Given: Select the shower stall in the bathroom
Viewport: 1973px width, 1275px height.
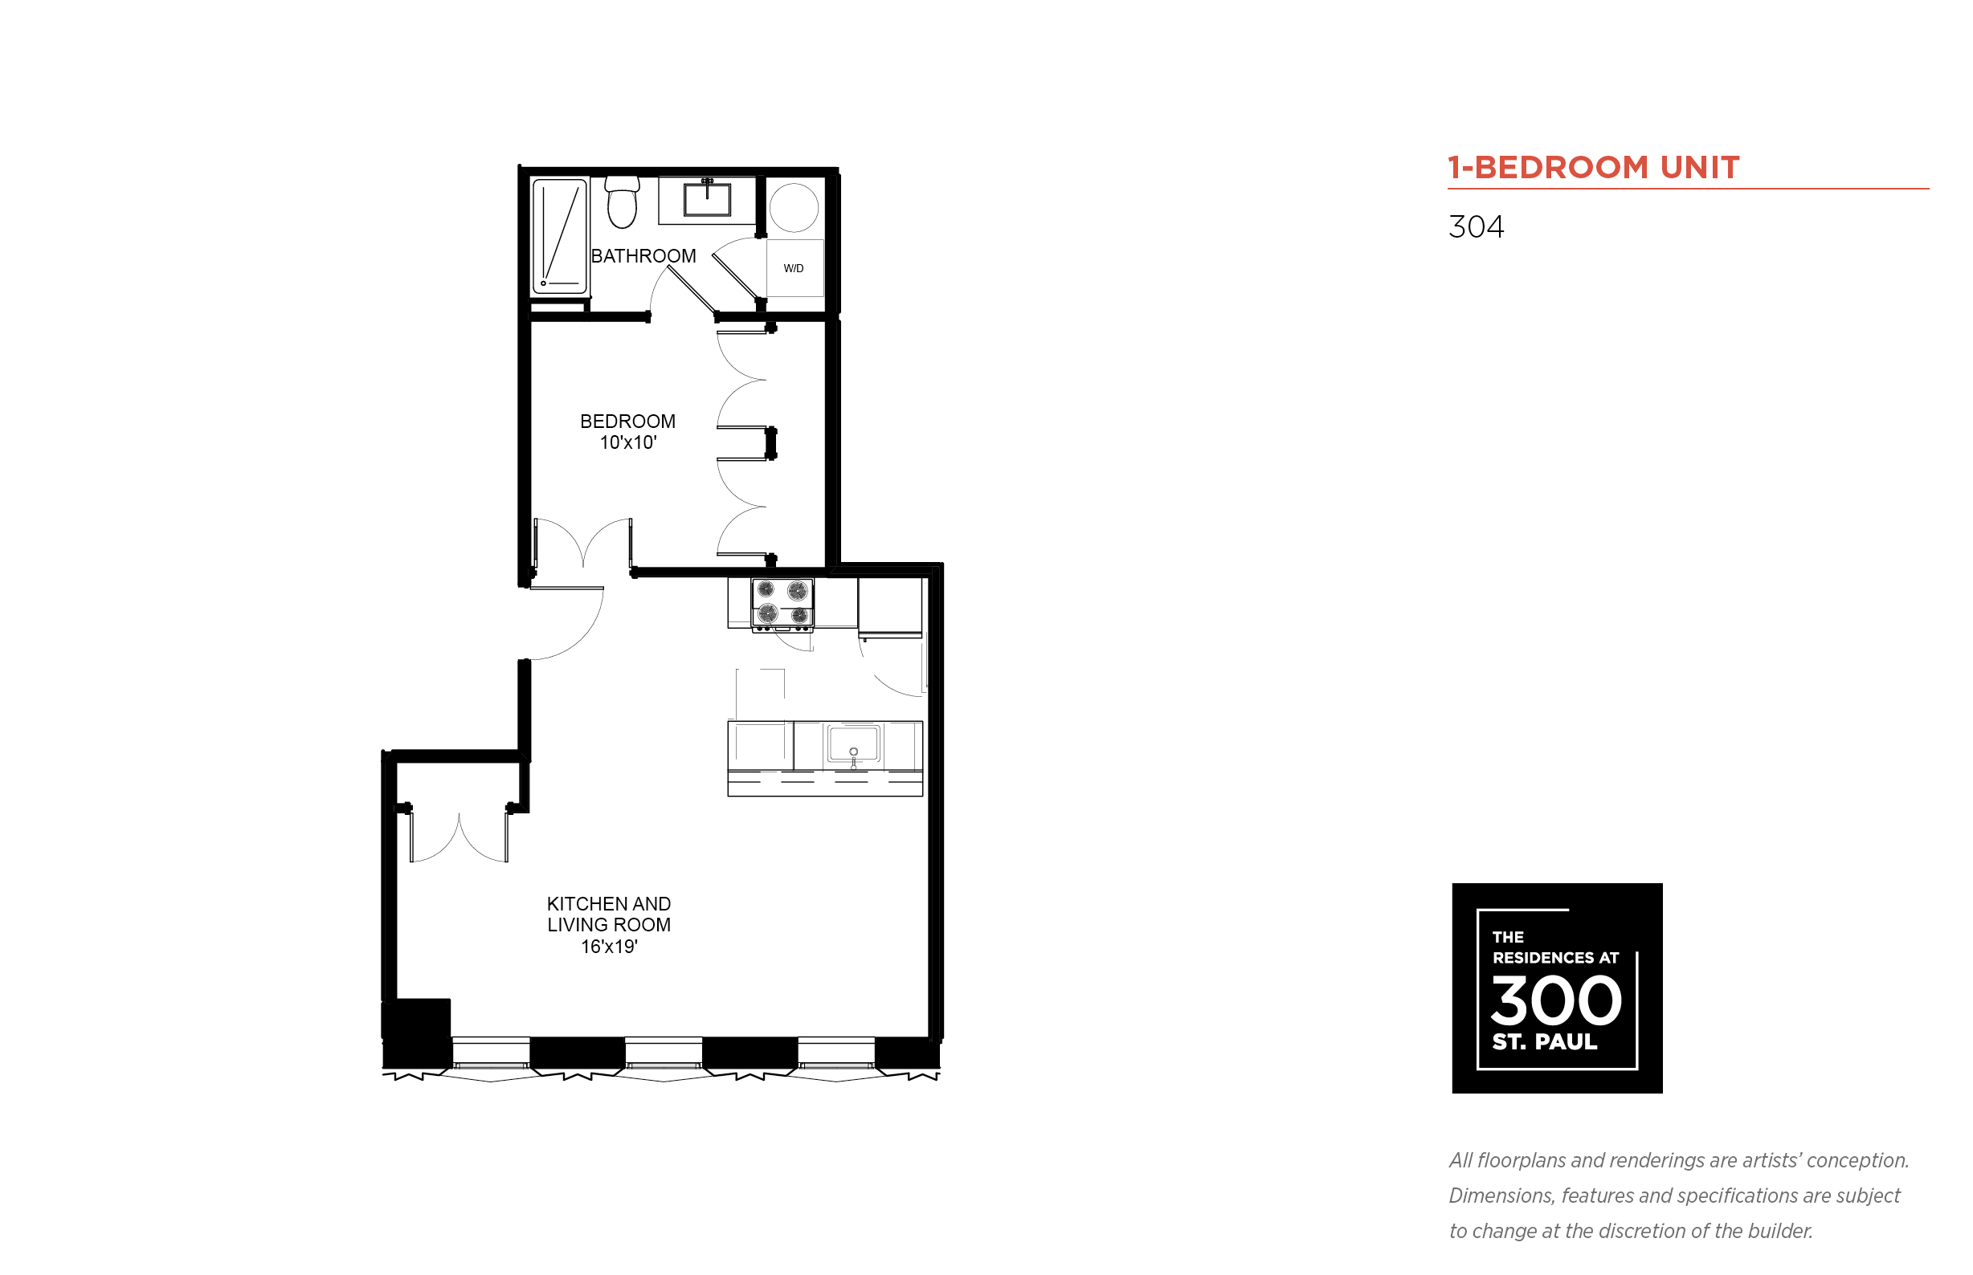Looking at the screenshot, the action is [x=559, y=236].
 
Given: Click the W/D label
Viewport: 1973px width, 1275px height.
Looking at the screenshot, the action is [x=793, y=268].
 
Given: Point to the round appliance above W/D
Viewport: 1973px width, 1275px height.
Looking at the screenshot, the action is [x=794, y=207].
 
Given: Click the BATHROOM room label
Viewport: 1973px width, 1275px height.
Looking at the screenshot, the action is [x=643, y=256].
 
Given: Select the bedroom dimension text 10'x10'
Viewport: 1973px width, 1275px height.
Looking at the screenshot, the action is [x=628, y=443].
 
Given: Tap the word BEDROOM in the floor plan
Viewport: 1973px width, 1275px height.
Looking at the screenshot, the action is [x=627, y=422].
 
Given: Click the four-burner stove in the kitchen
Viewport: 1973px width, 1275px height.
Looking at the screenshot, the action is [x=782, y=605].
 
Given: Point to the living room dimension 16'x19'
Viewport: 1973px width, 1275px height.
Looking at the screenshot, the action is [x=609, y=947].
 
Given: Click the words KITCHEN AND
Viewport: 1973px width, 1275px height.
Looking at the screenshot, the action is [x=609, y=903].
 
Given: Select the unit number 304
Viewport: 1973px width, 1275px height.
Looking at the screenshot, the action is [x=1476, y=227].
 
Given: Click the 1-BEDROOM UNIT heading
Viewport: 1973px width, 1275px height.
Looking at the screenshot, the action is [x=1593, y=167].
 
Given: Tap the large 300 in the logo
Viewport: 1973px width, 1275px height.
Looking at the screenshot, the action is [x=1555, y=1000].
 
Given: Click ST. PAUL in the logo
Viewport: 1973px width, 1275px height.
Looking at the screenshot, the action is [x=1544, y=1041].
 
